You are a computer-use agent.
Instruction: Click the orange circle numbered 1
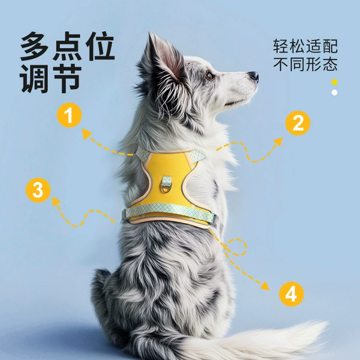coord(70,115)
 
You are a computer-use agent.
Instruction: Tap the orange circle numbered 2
coord(298,123)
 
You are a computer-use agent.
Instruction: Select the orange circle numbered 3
coord(38,190)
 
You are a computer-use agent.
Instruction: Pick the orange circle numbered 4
coord(292,294)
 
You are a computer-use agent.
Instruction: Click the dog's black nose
coord(254,76)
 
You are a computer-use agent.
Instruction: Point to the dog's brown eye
coord(209,76)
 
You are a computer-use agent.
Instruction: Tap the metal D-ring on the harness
coord(166,188)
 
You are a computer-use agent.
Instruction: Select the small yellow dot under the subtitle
coord(335,82)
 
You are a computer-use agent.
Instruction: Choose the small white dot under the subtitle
coord(335,92)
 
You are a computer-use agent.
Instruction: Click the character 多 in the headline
coord(35,46)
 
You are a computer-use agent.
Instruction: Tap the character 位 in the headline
coord(100,46)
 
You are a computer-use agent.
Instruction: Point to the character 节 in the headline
coord(68,79)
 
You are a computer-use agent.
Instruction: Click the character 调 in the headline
coord(35,79)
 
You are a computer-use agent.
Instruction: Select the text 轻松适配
coord(305,46)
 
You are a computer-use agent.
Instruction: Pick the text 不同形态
coord(305,64)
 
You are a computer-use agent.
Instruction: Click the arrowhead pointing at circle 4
coord(266,286)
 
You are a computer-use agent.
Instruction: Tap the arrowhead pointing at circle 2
coord(278,141)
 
